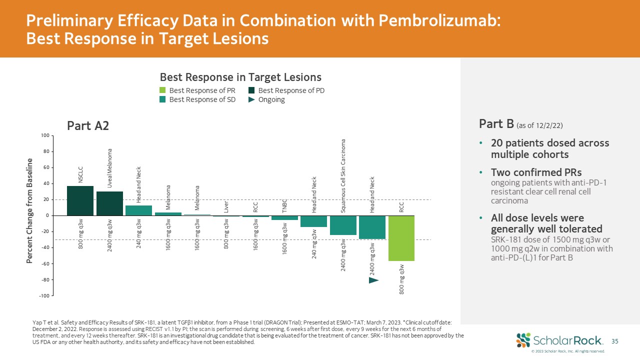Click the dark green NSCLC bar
tap(80, 200)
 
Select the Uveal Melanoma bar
tap(109, 203)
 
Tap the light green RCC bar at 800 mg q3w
tap(401, 238)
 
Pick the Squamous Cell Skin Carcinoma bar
tap(343, 225)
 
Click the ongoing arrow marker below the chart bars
tap(373, 280)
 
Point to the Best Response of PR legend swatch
tap(162, 90)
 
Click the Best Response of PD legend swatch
tap(251, 90)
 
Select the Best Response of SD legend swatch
tap(162, 99)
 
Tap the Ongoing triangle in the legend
tap(251, 99)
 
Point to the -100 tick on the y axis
tap(45, 295)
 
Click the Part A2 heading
tap(88, 126)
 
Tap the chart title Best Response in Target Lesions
tap(240, 77)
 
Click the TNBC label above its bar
tap(284, 206)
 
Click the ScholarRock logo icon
tap(523, 340)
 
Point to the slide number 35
tap(615, 341)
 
